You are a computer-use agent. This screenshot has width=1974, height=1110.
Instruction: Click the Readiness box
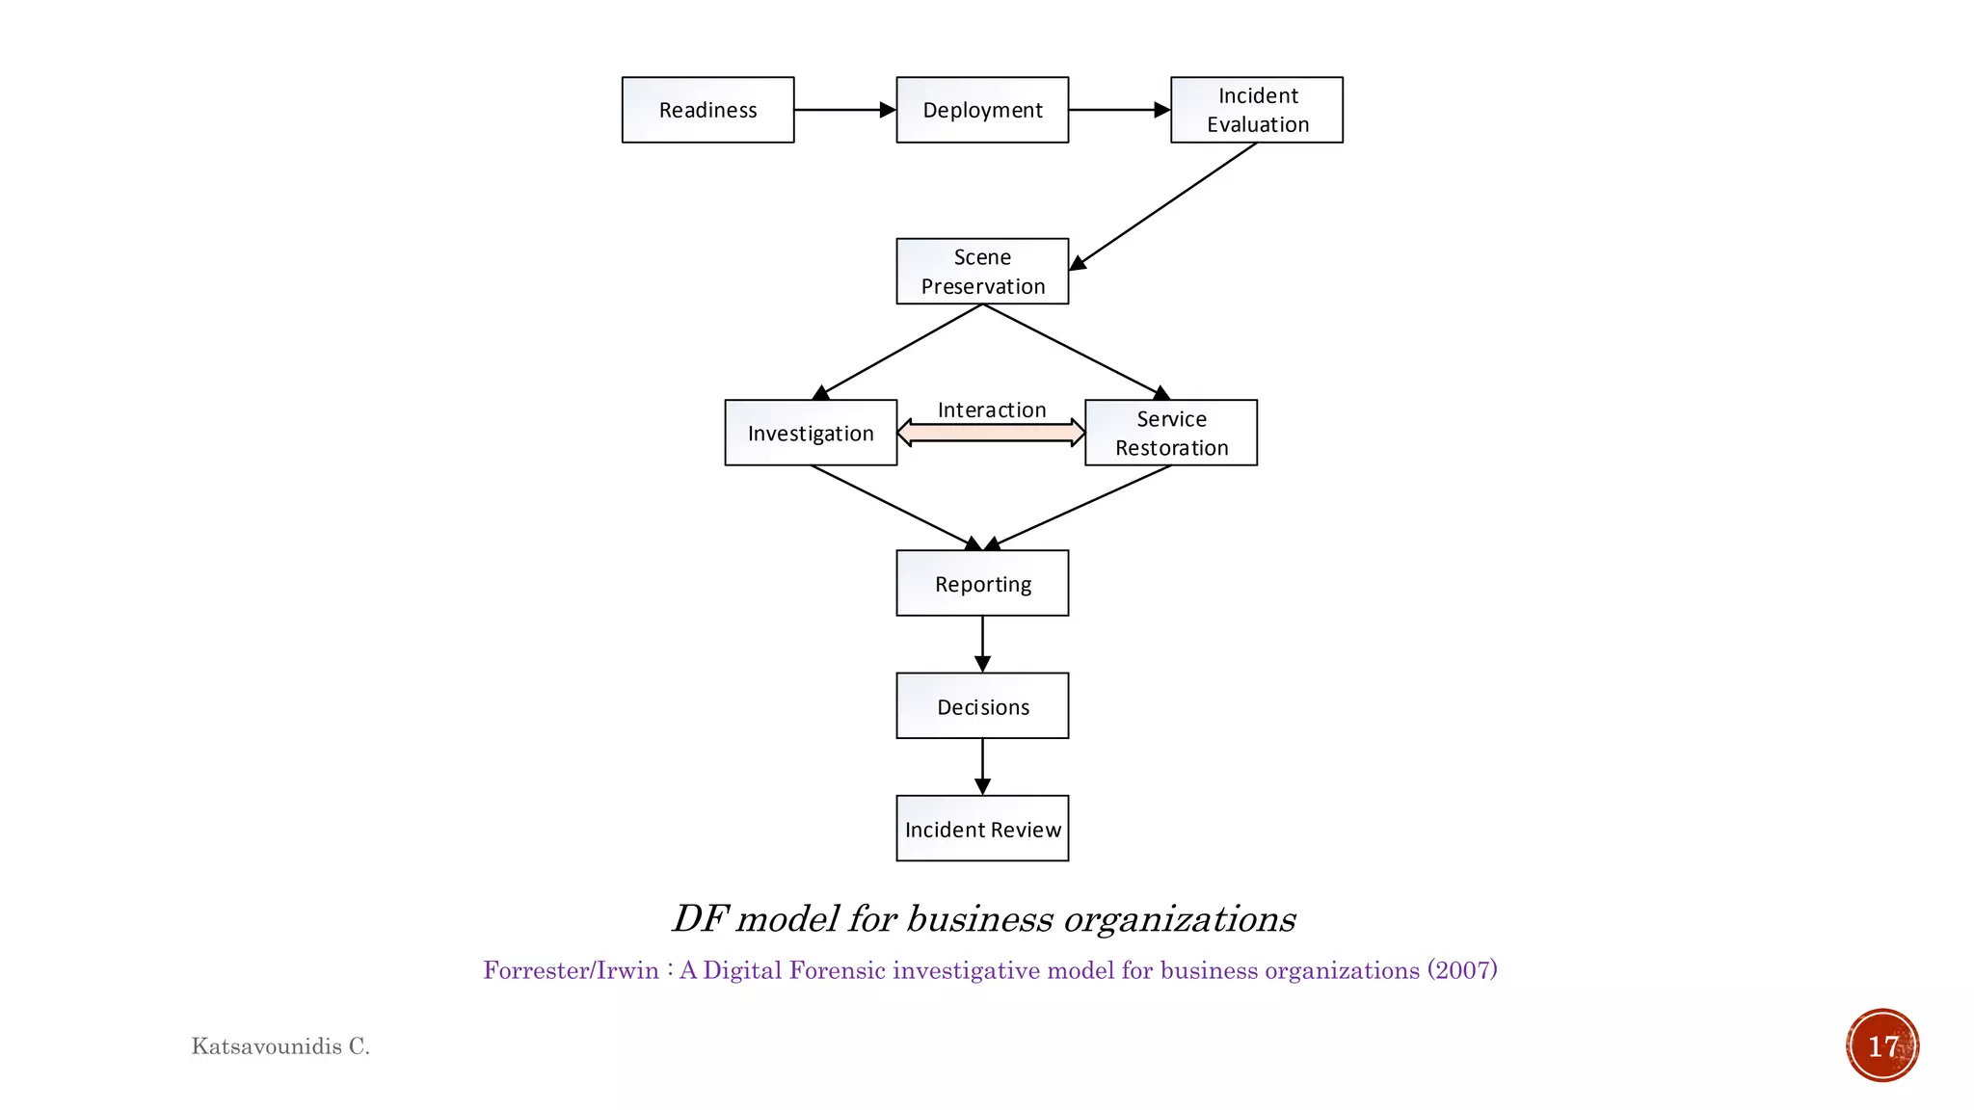707,110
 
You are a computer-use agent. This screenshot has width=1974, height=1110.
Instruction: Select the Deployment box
982,110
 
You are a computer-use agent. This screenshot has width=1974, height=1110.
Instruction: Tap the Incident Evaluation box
1256,110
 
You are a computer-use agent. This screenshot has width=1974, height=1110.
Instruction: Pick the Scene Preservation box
982,272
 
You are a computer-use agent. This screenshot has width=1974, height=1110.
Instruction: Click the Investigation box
811,433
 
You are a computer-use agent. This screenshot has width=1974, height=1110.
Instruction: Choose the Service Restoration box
1171,433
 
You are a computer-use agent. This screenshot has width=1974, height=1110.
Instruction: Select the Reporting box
982,583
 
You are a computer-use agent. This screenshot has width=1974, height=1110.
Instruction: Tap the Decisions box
982,705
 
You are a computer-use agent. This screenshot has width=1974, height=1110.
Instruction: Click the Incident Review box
982,829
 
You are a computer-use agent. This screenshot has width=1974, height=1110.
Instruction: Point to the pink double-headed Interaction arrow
991,433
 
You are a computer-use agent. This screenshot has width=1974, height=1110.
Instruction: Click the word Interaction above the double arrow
992,410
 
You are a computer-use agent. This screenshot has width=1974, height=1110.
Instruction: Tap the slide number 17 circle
1882,1045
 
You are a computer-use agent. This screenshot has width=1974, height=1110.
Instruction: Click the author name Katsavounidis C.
280,1046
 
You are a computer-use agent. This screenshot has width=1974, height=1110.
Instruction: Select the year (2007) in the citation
1462,970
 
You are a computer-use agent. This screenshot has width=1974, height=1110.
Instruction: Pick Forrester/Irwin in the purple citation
571,970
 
